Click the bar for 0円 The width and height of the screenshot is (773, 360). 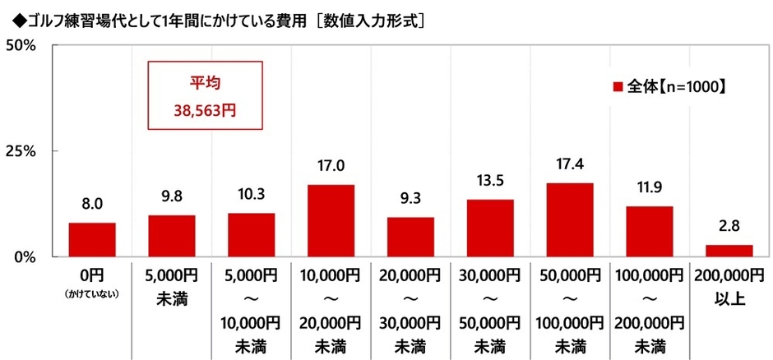pyautogui.click(x=92, y=239)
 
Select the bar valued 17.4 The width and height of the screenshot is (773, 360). pyautogui.click(x=570, y=219)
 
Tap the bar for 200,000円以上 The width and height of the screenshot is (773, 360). pyautogui.click(x=729, y=251)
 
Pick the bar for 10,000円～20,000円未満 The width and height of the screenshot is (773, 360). pyautogui.click(x=331, y=220)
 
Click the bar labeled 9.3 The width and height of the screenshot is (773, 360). pyautogui.click(x=410, y=237)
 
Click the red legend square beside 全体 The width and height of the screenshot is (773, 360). pyautogui.click(x=617, y=85)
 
